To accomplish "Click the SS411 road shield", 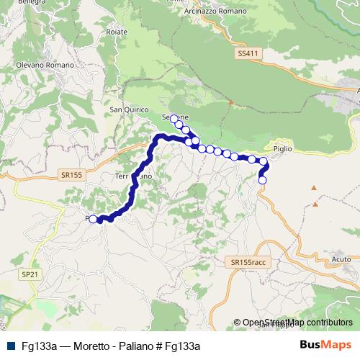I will coord(246,53).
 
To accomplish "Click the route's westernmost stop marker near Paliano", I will coord(93,219).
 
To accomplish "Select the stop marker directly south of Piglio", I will coord(263,179).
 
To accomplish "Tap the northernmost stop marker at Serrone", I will coord(174,118).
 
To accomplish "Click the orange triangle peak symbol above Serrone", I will coord(231,102).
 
